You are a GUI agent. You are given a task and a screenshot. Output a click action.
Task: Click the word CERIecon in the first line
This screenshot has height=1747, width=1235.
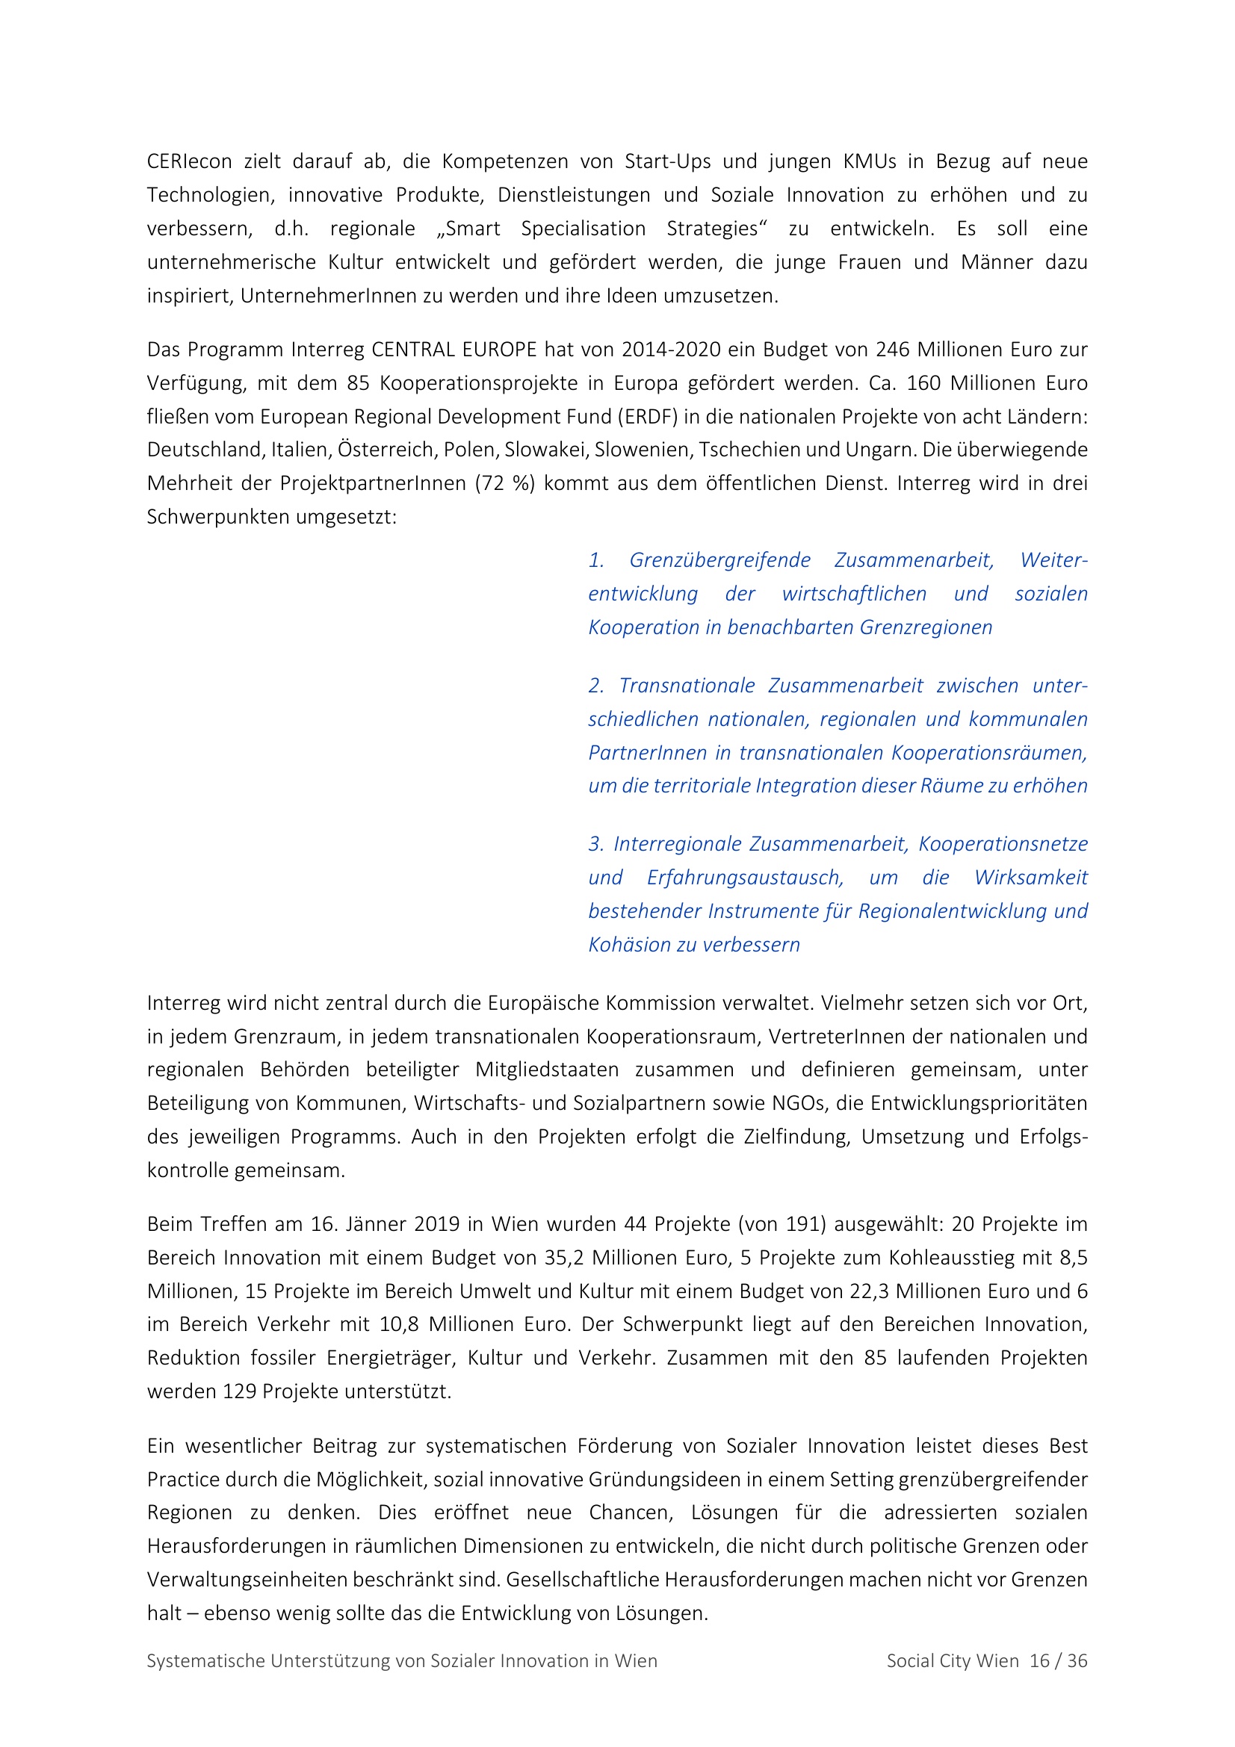click(190, 161)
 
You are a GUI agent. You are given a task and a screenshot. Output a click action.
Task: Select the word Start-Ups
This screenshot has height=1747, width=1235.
click(667, 161)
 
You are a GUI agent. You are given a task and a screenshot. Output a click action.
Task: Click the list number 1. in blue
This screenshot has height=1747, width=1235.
click(596, 560)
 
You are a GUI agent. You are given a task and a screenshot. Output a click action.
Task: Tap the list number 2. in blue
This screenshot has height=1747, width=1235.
click(596, 686)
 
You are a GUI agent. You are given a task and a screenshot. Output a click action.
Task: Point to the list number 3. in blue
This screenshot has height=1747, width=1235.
click(596, 844)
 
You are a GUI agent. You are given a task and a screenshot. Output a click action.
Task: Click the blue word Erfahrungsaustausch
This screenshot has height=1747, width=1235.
click(745, 878)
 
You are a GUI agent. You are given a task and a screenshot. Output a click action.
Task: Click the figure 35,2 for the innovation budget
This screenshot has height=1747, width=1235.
click(564, 1257)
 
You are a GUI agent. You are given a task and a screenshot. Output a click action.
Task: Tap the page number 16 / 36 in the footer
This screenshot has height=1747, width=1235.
click(1059, 1661)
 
